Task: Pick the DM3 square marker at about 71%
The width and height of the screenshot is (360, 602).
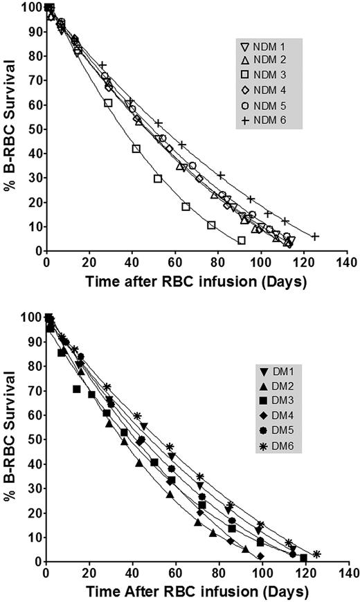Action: (77, 389)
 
